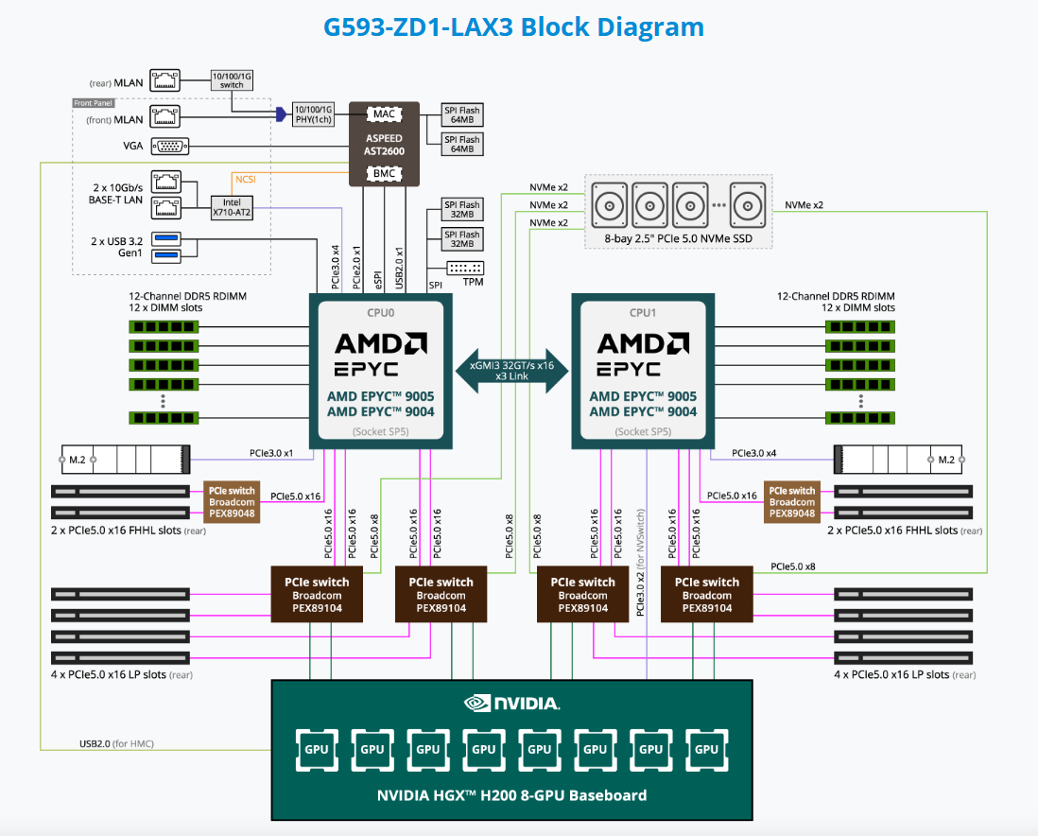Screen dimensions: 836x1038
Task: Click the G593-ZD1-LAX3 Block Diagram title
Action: (513, 26)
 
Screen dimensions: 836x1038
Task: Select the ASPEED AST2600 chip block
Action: (384, 145)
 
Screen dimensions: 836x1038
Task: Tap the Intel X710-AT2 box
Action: (232, 207)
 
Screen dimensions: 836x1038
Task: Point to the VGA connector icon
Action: (170, 146)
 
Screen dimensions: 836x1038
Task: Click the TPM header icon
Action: (462, 268)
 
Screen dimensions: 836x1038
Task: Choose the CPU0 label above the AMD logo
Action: (381, 312)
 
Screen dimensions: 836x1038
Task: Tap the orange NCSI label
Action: (245, 177)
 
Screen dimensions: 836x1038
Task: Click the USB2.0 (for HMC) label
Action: (116, 743)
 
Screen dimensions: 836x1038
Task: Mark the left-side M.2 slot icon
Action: (126, 460)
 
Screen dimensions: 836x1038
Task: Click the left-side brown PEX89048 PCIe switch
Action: (232, 502)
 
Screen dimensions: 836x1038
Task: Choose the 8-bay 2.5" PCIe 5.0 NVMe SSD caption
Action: (679, 238)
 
